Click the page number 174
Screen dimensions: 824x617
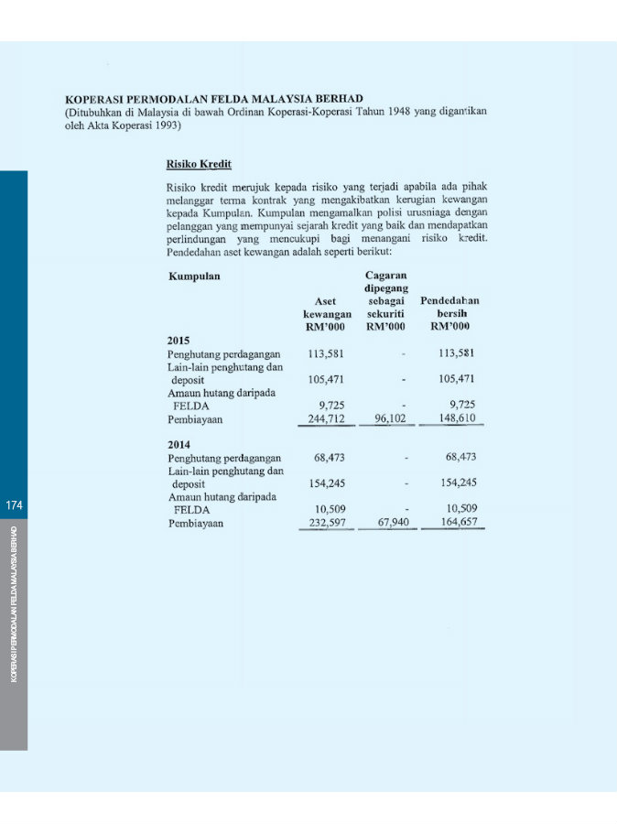coord(13,505)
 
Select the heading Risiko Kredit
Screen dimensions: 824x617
coord(199,165)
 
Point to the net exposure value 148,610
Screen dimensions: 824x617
coord(457,418)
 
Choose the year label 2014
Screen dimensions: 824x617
coord(179,444)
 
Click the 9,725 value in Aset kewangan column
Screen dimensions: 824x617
coord(330,405)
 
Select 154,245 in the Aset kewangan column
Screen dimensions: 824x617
coord(327,482)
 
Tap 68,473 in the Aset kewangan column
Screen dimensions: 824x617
coord(330,457)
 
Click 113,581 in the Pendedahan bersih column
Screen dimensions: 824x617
coord(457,352)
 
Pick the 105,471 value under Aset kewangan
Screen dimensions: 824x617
coord(327,379)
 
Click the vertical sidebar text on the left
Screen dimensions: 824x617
coord(13,604)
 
